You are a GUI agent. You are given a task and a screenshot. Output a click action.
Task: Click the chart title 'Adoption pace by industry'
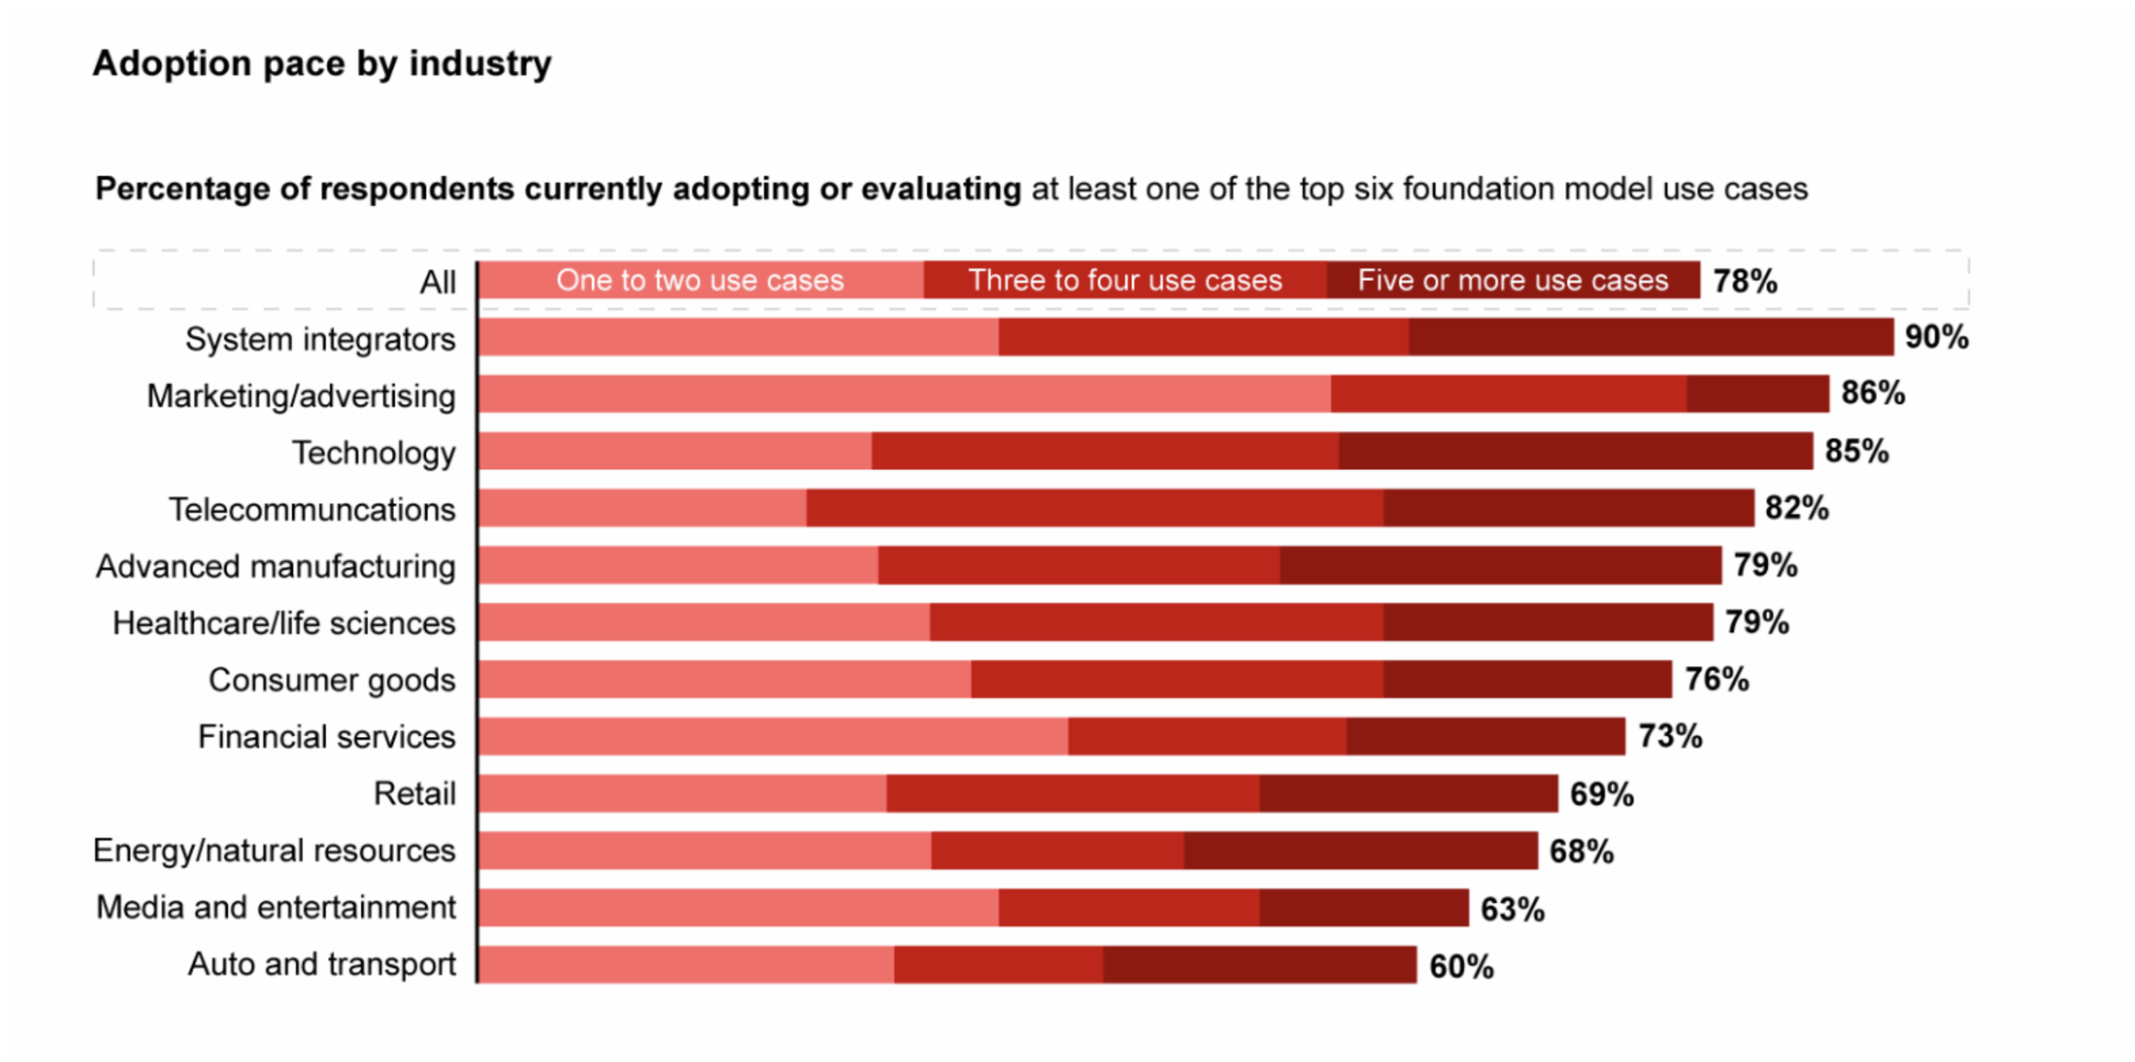(322, 64)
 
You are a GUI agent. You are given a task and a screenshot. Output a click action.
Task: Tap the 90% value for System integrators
(1936, 337)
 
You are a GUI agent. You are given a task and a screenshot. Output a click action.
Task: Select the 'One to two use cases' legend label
(699, 280)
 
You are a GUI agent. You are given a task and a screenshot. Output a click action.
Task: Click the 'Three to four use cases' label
(1124, 280)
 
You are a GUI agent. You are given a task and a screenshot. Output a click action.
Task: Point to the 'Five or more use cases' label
(1513, 280)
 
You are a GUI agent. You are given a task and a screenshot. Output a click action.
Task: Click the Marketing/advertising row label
(300, 397)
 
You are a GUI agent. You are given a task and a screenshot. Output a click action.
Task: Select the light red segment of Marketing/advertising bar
(904, 394)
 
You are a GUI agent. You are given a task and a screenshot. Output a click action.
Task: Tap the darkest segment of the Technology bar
(1575, 451)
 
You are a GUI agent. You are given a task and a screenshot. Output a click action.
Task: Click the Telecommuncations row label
(312, 510)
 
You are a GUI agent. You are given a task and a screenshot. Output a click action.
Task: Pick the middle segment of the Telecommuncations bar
(1094, 508)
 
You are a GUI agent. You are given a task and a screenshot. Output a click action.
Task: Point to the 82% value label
(1797, 508)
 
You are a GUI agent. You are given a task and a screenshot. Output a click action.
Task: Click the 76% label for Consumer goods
(1716, 680)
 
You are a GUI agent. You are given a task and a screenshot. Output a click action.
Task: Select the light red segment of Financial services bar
(774, 736)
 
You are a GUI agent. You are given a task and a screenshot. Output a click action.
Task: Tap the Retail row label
(414, 794)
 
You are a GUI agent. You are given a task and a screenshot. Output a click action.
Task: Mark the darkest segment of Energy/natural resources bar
(1360, 850)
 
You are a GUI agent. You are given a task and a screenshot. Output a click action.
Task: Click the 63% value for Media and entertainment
(1513, 910)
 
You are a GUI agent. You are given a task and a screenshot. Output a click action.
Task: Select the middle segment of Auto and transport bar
(998, 965)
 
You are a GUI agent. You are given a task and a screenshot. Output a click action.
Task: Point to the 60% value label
(1461, 967)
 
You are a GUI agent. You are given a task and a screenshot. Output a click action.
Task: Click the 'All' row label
(437, 283)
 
